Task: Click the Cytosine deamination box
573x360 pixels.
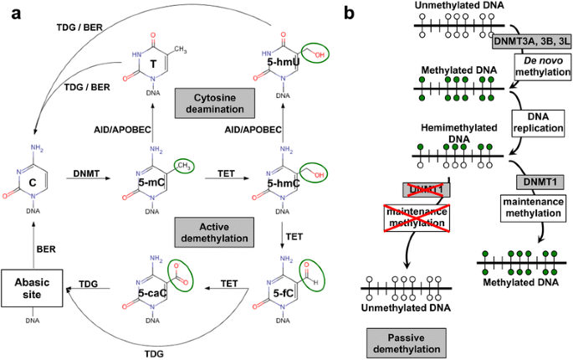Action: coord(214,103)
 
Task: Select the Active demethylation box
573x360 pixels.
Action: coord(214,233)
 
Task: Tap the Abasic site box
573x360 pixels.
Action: coord(32,288)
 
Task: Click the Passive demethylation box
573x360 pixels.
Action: coord(407,343)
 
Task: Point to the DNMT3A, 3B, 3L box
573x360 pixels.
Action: coord(532,41)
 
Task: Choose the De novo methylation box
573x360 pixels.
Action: coord(543,66)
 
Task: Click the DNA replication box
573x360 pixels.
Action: coord(538,122)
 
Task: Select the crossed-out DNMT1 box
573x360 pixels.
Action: coord(426,190)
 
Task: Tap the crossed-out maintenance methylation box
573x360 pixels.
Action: coord(417,218)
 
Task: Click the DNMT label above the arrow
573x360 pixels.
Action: coord(86,173)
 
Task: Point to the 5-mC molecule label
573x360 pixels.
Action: coord(151,183)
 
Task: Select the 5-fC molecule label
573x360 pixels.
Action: coord(284,293)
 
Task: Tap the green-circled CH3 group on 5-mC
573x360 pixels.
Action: coord(184,166)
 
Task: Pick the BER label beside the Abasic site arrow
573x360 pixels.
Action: coord(46,249)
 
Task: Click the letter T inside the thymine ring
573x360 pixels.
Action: coord(153,64)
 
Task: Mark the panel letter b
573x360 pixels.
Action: coord(350,13)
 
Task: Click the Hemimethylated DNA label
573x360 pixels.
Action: coord(459,133)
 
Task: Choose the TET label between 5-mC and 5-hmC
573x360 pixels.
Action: coord(226,173)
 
